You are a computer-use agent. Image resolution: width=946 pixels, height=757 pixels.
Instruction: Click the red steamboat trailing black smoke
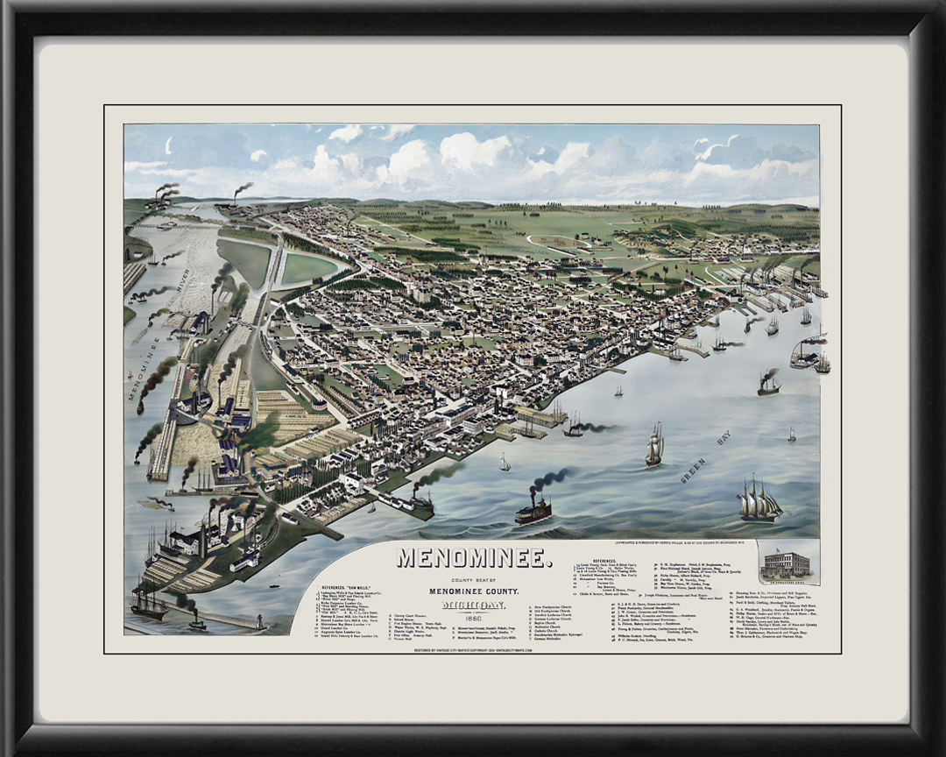[x=533, y=511]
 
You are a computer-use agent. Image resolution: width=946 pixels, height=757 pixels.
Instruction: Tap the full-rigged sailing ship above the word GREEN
[x=654, y=446]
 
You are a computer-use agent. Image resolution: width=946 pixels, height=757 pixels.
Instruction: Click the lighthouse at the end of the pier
[x=259, y=621]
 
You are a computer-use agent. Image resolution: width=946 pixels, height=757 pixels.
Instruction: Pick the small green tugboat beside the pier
[x=197, y=624]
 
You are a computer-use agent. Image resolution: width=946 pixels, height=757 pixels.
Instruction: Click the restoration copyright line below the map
[x=472, y=651]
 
